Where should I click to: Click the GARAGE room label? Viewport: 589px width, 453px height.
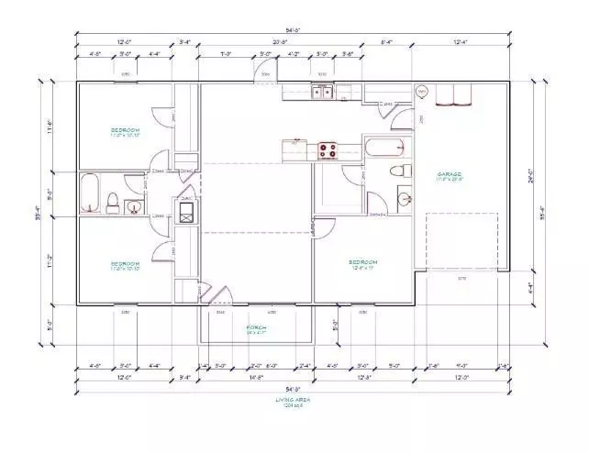[449, 175]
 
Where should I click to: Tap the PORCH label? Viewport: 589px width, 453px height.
[256, 327]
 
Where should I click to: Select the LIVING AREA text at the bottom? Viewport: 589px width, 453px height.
[289, 402]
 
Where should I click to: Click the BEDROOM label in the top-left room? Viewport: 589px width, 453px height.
[124, 131]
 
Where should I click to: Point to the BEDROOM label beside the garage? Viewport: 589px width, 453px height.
[363, 263]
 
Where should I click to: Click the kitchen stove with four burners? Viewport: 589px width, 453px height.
[328, 150]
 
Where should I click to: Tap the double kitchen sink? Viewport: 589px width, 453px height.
[321, 91]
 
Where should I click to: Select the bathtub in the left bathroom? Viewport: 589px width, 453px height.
[90, 193]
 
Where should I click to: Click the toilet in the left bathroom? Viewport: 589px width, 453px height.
[112, 200]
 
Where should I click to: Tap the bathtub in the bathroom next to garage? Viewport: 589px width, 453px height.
[384, 148]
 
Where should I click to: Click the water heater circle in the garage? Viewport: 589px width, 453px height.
[422, 92]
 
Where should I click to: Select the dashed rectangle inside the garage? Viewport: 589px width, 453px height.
[462, 240]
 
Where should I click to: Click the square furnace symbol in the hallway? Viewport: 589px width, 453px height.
[186, 212]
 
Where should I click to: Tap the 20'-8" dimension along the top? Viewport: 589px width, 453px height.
[280, 42]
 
